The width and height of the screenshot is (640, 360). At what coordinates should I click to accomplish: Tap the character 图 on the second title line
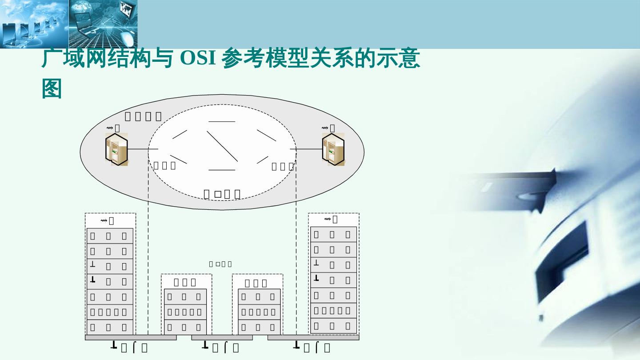point(52,89)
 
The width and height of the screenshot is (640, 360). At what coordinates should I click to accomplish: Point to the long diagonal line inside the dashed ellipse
point(223,146)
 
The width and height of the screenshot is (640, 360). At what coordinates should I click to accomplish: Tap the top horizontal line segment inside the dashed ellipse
point(222,121)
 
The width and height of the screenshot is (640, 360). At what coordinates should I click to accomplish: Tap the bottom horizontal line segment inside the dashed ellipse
point(222,170)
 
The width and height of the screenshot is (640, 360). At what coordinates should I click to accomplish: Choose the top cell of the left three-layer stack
point(186,296)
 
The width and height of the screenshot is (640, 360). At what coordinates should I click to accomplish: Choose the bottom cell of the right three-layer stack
point(260,328)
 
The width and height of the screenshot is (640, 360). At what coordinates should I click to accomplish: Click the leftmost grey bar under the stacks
point(131,338)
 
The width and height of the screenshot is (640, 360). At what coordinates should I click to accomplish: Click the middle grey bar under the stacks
point(222,338)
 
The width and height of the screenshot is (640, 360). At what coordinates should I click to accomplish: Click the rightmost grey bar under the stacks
point(313,338)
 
